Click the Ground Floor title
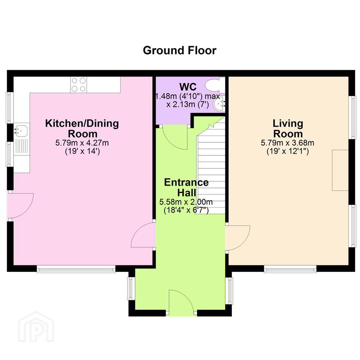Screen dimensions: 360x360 coord(180,50)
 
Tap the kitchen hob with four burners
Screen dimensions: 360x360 coord(79,84)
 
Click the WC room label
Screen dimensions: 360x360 coord(188,87)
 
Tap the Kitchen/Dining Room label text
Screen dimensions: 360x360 coord(82,129)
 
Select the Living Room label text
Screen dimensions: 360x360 coord(288,129)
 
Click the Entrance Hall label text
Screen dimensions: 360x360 coord(186,187)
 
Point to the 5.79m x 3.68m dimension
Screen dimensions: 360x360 coord(287,143)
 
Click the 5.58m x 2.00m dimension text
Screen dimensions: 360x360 coord(186,202)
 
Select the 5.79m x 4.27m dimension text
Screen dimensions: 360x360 coord(82,143)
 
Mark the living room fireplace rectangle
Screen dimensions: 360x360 coord(340,170)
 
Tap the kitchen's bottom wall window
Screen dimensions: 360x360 coord(76,269)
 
